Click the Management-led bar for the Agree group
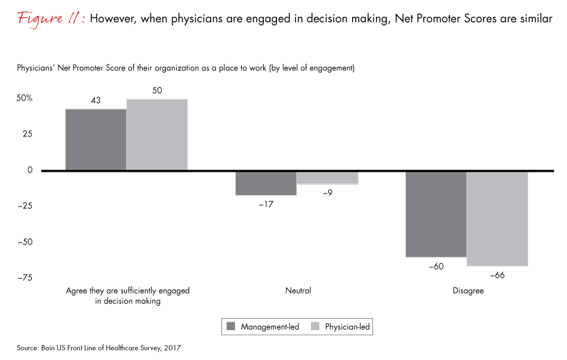pos(95,140)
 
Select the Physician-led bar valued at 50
pos(157,135)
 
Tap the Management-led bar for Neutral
pos(266,183)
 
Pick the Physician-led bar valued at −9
pos(328,178)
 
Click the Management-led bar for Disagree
pos(436,214)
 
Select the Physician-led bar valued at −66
pos(498,219)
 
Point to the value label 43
pos(95,101)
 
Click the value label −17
pos(266,204)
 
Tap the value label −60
pos(436,266)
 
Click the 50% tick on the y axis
pos(23,98)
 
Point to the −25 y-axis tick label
pos(23,206)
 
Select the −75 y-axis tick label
pos(23,278)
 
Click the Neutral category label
pos(298,291)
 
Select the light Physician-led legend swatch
pos(314,327)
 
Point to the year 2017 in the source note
pos(171,347)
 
